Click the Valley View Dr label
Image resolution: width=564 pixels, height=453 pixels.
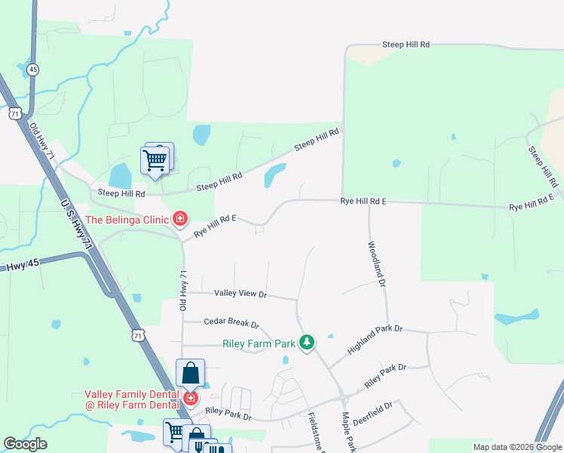coord(240,293)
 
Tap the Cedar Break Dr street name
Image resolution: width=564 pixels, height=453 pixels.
coord(231,323)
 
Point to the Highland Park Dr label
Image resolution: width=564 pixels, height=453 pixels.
coord(375,341)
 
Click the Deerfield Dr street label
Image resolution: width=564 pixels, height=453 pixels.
coord(378,414)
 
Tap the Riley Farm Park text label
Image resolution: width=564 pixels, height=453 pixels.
coord(259,344)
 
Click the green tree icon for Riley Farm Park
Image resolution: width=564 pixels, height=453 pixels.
coord(307,343)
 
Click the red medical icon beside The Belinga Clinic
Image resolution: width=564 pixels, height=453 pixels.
coord(180,220)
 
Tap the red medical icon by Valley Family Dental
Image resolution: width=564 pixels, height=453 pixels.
coord(191,398)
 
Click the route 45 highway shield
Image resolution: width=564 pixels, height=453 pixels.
coord(32,69)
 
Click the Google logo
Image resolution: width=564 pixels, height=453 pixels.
coord(25,444)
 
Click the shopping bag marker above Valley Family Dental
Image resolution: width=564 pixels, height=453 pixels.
coord(190,374)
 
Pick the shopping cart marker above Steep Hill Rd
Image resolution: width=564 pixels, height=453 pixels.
coord(155,160)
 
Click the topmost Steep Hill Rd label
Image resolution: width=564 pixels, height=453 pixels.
coord(406,45)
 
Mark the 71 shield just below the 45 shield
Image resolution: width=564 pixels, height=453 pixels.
coord(16,112)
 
